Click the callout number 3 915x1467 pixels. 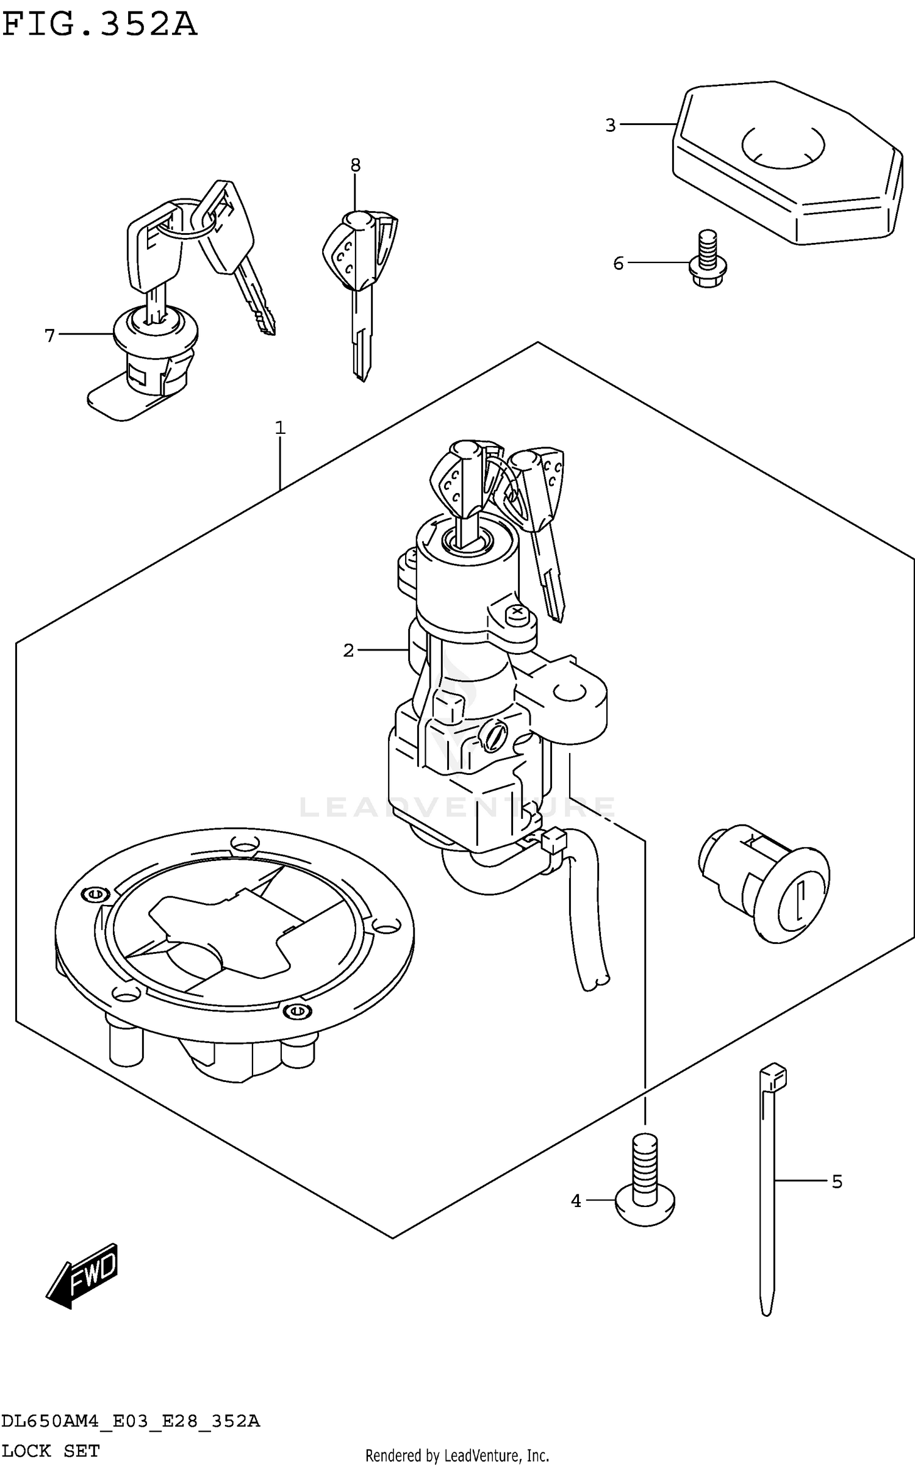611,125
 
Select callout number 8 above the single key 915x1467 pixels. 356,165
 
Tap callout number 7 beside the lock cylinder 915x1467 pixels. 49,335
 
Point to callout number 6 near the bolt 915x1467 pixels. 619,264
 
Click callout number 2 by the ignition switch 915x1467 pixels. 348,651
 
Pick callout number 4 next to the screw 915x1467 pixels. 576,1201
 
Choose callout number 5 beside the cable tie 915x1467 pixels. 837,1182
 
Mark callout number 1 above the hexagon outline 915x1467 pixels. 280,428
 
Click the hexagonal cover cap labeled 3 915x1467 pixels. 787,165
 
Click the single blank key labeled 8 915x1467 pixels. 360,287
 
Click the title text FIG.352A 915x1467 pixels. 99,26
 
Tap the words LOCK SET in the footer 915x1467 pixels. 50,1451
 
